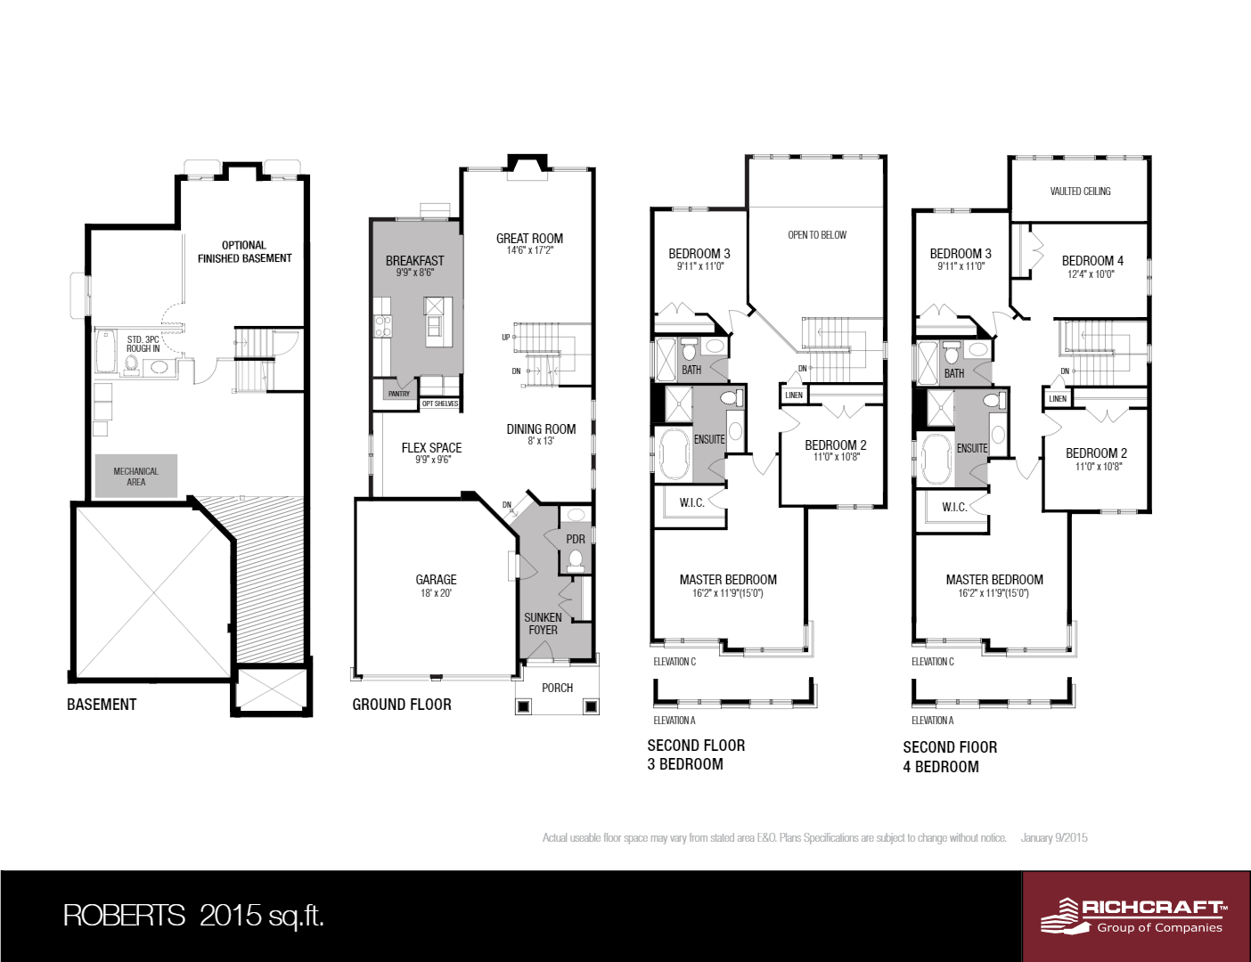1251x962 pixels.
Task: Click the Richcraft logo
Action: coord(1134,916)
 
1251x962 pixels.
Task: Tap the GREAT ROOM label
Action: coord(529,239)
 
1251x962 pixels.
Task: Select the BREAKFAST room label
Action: coord(414,261)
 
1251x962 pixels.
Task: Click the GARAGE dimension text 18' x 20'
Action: coord(436,593)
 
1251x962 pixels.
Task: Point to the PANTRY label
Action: coord(399,394)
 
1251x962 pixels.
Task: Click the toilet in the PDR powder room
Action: coord(576,560)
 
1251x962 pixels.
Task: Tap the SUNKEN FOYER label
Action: coord(543,624)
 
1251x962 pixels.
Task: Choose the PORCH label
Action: coord(557,688)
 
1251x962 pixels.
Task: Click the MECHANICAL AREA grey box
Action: coord(136,477)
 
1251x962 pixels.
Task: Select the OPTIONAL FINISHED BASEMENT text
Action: coord(244,252)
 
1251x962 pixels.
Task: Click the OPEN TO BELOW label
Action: coord(817,235)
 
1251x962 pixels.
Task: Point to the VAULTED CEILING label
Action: coord(1080,192)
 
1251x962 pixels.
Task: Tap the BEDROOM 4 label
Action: coord(1092,261)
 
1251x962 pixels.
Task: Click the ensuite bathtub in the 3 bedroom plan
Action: coord(675,455)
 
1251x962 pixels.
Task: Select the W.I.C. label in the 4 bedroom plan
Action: coord(954,507)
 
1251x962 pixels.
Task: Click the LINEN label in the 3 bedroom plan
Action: coord(794,395)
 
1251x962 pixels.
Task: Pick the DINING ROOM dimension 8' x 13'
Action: coord(541,441)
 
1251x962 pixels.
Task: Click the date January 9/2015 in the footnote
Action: coord(1054,838)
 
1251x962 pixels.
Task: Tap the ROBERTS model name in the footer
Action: coord(124,916)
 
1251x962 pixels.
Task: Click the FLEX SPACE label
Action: coord(431,448)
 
